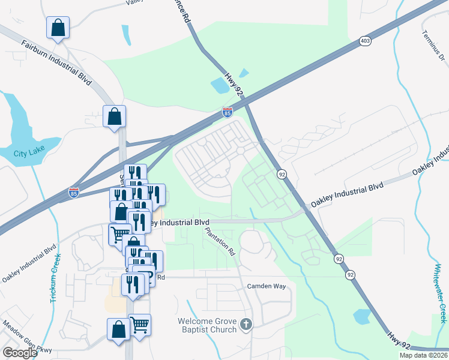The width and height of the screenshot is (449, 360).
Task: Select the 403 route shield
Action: coord(365,41)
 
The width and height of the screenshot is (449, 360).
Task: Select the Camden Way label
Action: coord(267,286)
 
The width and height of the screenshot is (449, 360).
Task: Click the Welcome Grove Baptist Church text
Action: coord(207,325)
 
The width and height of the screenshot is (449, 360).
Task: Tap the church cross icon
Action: coord(246,325)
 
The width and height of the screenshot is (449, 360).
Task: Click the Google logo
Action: coord(20,353)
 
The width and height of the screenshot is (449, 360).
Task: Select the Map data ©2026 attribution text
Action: coord(424,355)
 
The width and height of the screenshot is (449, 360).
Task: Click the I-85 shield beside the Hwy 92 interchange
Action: coord(227,112)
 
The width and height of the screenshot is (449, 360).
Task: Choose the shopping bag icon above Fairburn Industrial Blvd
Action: coord(58,28)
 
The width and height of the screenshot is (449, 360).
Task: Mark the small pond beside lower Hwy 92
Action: coord(362,316)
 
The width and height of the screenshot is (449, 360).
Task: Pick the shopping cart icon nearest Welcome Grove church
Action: coord(139,325)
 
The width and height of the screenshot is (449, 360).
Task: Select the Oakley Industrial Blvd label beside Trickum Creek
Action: coord(29,263)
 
